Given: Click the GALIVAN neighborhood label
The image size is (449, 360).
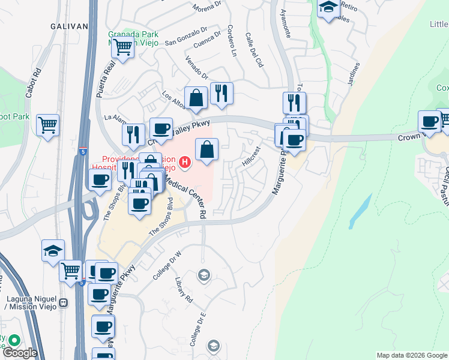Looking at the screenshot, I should pyautogui.click(x=69, y=26).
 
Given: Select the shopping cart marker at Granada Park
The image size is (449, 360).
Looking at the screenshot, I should pyautogui.click(x=122, y=47).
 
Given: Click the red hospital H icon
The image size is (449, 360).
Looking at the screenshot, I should pyautogui.click(x=185, y=161).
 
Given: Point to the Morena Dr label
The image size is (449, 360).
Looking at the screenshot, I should pyautogui.click(x=208, y=8).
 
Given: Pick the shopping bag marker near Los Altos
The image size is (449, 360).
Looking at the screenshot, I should pyautogui.click(x=196, y=98).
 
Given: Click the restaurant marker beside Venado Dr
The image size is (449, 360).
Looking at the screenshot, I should pyautogui.click(x=221, y=93).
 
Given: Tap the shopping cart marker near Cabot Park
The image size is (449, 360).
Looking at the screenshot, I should pyautogui.click(x=47, y=125).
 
